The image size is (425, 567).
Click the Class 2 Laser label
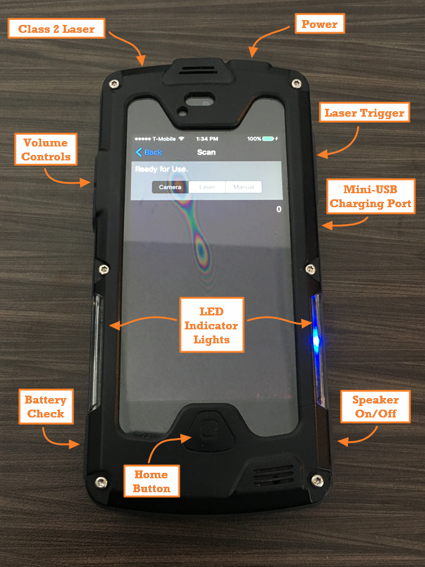tap(56, 29)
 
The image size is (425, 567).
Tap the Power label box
tap(319, 24)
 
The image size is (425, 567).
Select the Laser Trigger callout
tap(364, 113)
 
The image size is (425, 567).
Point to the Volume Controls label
tap(46, 149)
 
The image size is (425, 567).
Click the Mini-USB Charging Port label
tap(370, 196)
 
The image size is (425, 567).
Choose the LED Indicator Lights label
tap(211, 325)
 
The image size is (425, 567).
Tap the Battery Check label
tap(46, 407)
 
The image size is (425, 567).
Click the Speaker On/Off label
tap(376, 407)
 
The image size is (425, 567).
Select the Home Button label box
tap(151, 481)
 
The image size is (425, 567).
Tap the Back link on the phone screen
tap(149, 152)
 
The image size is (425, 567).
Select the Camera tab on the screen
tap(170, 187)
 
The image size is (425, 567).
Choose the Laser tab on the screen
tap(207, 187)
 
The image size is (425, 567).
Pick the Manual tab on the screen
tap(243, 187)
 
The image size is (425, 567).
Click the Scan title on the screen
tap(206, 152)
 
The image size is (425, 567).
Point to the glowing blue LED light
tap(316, 336)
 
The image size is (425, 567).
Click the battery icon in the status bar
tap(268, 139)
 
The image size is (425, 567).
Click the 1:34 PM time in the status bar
tap(206, 139)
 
